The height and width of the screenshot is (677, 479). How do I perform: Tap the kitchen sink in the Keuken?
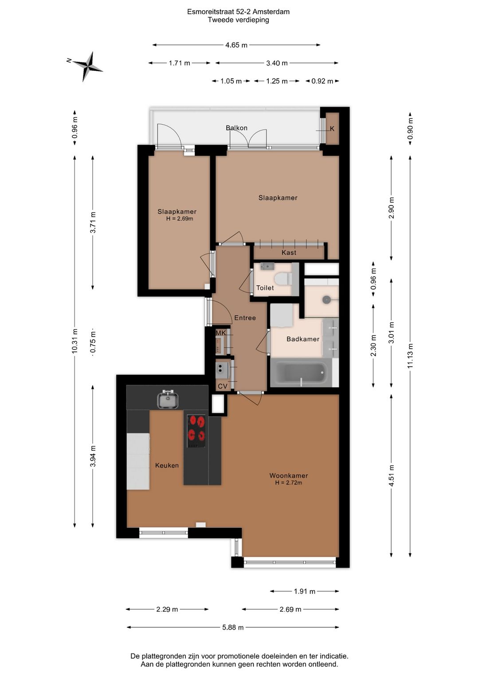[x=168, y=399]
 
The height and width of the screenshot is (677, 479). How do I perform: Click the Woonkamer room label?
[x=289, y=476]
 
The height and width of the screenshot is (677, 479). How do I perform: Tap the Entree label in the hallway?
[x=245, y=318]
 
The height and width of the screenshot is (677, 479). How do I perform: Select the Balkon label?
[x=237, y=128]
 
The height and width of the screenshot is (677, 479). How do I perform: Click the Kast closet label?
[x=289, y=252]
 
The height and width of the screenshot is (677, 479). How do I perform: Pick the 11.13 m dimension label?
[x=410, y=356]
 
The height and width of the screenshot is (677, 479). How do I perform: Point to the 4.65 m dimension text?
[x=236, y=45]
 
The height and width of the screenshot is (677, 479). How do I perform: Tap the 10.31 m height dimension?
[x=75, y=341]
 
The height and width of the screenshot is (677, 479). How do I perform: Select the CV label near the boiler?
[x=223, y=386]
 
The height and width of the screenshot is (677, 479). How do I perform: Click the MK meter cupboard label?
[x=220, y=333]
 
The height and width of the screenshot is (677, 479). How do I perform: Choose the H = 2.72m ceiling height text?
[x=289, y=483]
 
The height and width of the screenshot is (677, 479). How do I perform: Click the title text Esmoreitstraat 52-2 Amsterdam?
[x=239, y=12]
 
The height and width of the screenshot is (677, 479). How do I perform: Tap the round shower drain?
[x=326, y=300]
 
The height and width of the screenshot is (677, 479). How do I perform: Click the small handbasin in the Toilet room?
[x=267, y=266]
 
